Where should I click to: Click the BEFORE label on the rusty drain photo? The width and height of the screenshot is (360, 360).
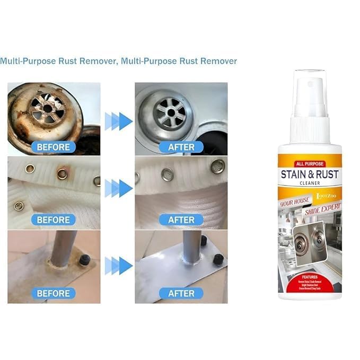[x=53, y=146]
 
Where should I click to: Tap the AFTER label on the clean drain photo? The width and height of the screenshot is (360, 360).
[x=181, y=146]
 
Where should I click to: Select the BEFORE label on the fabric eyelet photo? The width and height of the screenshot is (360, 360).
[x=53, y=219]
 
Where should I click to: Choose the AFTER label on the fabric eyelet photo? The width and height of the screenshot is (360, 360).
[x=181, y=219]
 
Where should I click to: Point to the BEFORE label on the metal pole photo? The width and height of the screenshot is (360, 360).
[x=53, y=293]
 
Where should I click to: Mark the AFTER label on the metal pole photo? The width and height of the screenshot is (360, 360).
[x=181, y=293]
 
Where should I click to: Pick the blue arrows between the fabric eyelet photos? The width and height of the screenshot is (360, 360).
[x=118, y=188]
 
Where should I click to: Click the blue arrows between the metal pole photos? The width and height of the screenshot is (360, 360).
[x=118, y=264]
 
